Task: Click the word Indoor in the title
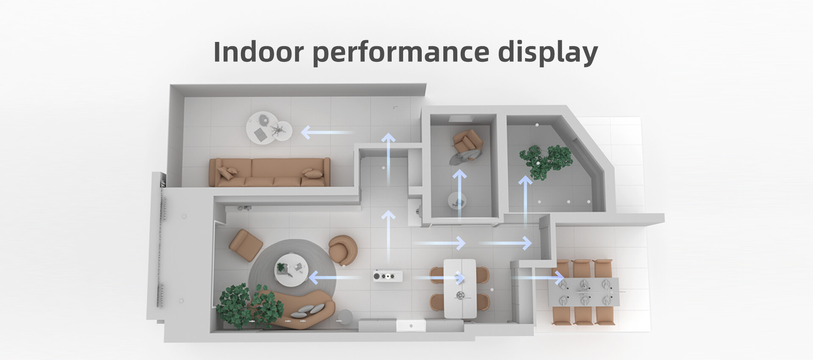tap(258, 52)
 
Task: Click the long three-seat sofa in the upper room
tap(270, 172)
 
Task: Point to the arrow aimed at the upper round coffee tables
tap(326, 133)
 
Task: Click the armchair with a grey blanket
tap(467, 144)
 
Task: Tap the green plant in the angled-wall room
tap(545, 161)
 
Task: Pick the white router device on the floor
tap(387, 277)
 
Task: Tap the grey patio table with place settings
tap(583, 292)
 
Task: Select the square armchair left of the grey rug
tap(246, 244)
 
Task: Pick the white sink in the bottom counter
tap(410, 325)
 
